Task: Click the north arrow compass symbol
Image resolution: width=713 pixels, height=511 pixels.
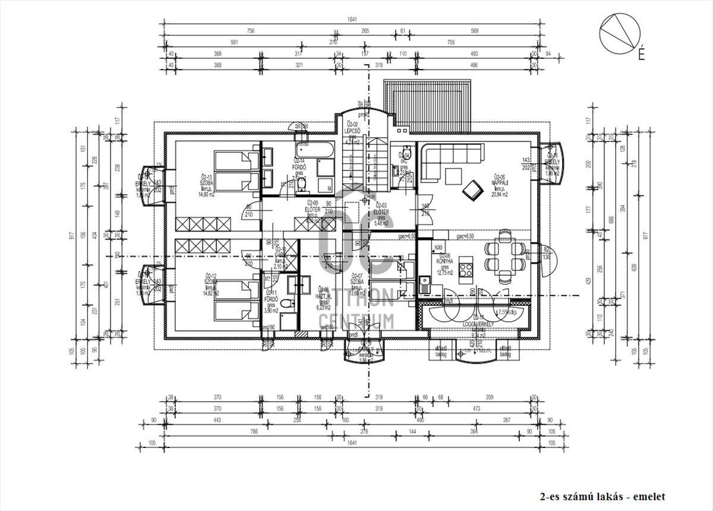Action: coord(620,32)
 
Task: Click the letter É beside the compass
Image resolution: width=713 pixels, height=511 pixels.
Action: coord(641,55)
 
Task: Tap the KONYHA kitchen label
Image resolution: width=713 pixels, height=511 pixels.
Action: coord(444,260)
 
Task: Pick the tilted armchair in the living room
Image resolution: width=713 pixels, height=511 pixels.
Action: coord(473,189)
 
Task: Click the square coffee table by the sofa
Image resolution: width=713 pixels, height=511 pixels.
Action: coord(454,176)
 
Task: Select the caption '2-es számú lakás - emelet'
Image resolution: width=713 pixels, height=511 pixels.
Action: coord(602,497)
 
